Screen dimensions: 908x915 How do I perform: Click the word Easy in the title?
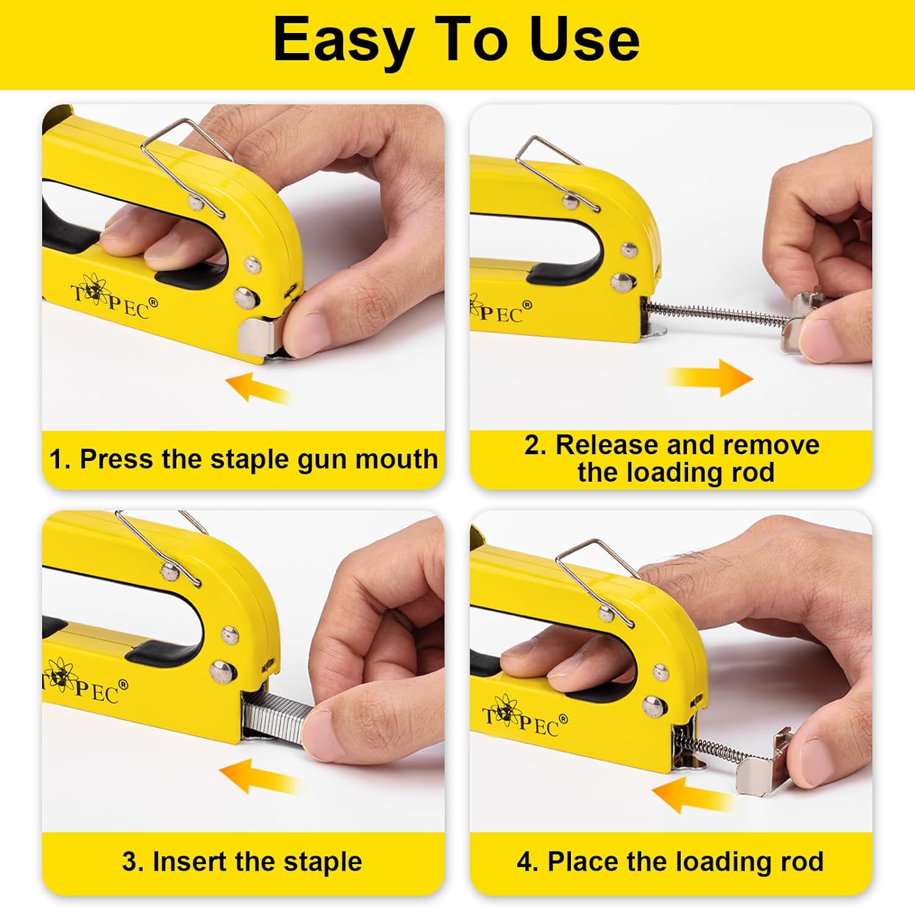[342, 40]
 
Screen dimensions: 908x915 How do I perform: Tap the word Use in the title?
[584, 40]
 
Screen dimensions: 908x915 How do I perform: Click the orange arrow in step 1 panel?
[257, 388]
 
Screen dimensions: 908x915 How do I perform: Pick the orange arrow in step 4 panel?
[691, 796]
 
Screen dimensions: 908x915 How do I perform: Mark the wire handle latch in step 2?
[552, 168]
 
